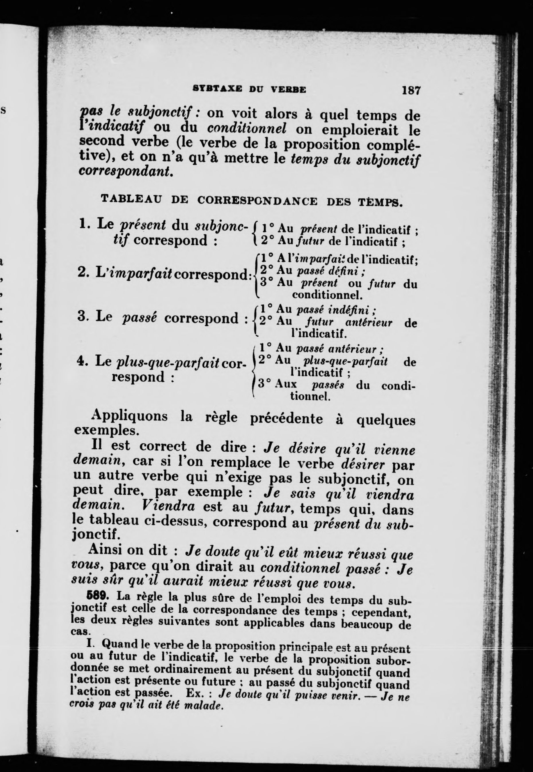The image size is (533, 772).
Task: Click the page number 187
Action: pos(411,91)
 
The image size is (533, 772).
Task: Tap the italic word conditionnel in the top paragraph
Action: pos(247,128)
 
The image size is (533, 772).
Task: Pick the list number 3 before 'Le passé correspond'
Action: pos(82,316)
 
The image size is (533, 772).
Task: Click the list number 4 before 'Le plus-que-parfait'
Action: pos(80,361)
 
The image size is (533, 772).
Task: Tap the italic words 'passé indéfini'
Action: pos(336,310)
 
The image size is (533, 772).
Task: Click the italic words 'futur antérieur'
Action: pos(349,322)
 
